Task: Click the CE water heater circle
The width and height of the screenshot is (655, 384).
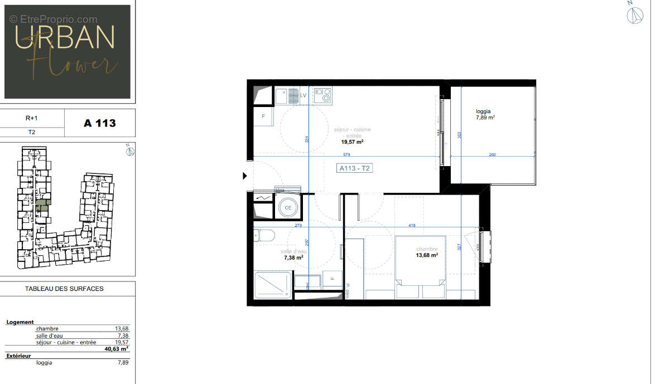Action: pos(288,207)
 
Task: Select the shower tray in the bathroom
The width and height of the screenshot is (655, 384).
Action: pos(273,285)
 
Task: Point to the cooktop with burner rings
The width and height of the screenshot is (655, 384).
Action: pos(322,95)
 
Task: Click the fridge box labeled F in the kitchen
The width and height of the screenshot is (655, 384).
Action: pos(263,117)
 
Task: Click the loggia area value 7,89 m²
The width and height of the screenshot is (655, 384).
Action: pos(485,118)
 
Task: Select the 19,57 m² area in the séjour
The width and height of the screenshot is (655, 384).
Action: pos(353,142)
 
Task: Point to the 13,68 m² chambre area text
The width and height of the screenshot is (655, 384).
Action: pos(426,255)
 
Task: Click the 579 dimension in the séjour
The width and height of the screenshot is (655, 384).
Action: pos(346,154)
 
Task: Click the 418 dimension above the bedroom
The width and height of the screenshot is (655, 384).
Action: pos(412,225)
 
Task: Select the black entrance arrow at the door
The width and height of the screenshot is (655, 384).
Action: pos(245,176)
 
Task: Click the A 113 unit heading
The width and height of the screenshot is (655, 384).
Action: pos(100,123)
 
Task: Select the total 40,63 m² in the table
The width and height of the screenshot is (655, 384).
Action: pos(116,349)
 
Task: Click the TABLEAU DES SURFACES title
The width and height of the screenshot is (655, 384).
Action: pos(64,289)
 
